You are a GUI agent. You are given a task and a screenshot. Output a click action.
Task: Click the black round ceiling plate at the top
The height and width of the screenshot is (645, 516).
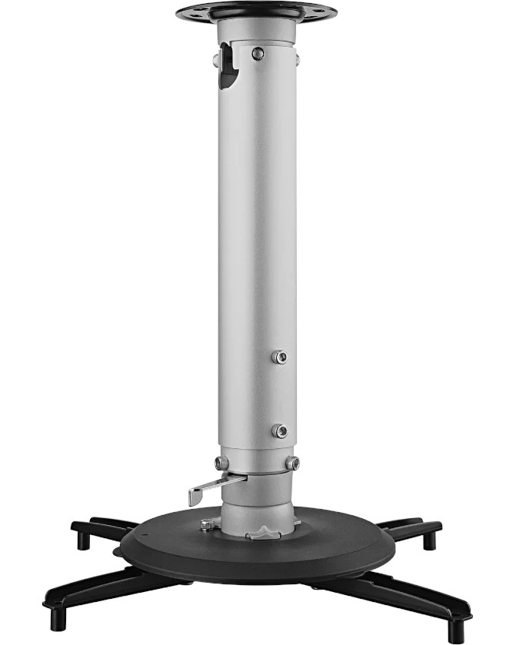[256, 12]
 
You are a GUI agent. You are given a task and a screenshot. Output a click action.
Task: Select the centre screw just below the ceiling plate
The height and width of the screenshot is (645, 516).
[258, 53]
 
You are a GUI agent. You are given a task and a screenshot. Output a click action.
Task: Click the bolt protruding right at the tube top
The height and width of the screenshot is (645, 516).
[297, 59]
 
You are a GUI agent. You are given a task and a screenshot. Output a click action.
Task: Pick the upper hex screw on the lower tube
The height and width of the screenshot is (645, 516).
[281, 357]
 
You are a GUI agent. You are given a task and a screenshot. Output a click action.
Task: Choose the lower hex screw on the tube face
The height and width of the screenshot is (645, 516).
[281, 431]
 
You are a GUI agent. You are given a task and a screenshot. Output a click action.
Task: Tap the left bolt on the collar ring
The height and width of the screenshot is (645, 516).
[221, 463]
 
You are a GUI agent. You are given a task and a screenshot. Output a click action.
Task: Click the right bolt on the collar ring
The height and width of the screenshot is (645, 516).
[292, 463]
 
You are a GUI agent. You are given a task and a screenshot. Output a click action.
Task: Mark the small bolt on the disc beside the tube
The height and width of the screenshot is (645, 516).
[206, 524]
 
